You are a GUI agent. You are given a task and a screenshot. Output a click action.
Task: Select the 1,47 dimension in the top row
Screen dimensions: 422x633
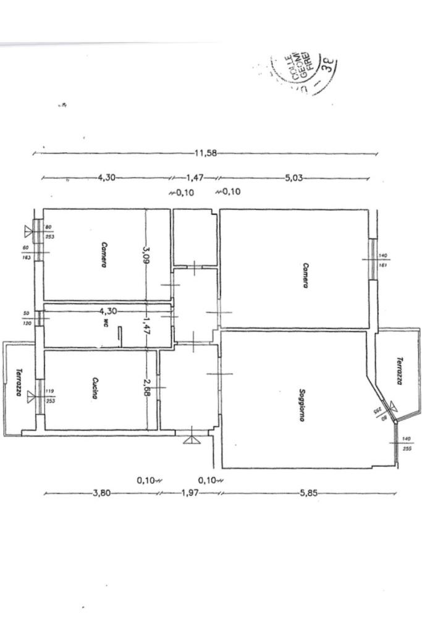(195, 178)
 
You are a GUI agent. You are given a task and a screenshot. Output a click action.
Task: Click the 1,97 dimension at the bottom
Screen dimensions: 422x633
(189, 493)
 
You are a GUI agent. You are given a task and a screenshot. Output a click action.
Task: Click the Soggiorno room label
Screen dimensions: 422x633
(302, 405)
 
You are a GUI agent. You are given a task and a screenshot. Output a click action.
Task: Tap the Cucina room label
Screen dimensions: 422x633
(96, 388)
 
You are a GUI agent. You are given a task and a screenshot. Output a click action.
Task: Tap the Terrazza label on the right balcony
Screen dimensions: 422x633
(400, 371)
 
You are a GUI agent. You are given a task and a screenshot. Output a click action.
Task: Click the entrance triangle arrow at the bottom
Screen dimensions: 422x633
(189, 440)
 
